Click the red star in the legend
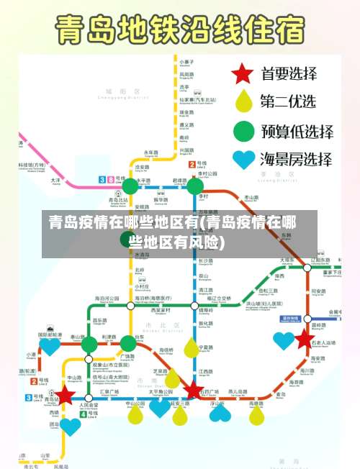[243, 73]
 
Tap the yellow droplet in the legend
[243, 101]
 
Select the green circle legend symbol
[243, 131]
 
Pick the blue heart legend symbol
[243, 160]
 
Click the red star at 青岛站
[66, 395]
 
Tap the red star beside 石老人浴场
[305, 339]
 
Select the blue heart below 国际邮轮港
[49, 346]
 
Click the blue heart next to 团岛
[70, 426]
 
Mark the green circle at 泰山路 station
[89, 345]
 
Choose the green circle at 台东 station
[128, 344]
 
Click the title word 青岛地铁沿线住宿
[180, 31]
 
